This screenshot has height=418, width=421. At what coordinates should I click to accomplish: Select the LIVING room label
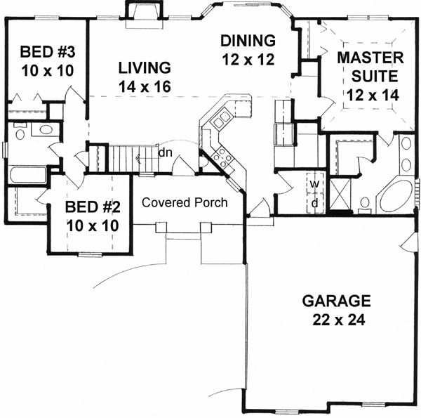pyautogui.click(x=145, y=67)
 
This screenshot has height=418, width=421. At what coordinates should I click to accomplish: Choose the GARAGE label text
pyautogui.click(x=336, y=301)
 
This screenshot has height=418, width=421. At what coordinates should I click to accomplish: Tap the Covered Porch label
pyautogui.click(x=185, y=202)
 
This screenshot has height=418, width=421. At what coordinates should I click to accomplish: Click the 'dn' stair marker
pyautogui.click(x=166, y=152)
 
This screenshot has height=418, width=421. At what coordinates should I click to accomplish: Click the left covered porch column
pyautogui.click(x=161, y=228)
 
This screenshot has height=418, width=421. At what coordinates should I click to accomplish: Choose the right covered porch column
pyautogui.click(x=206, y=228)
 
